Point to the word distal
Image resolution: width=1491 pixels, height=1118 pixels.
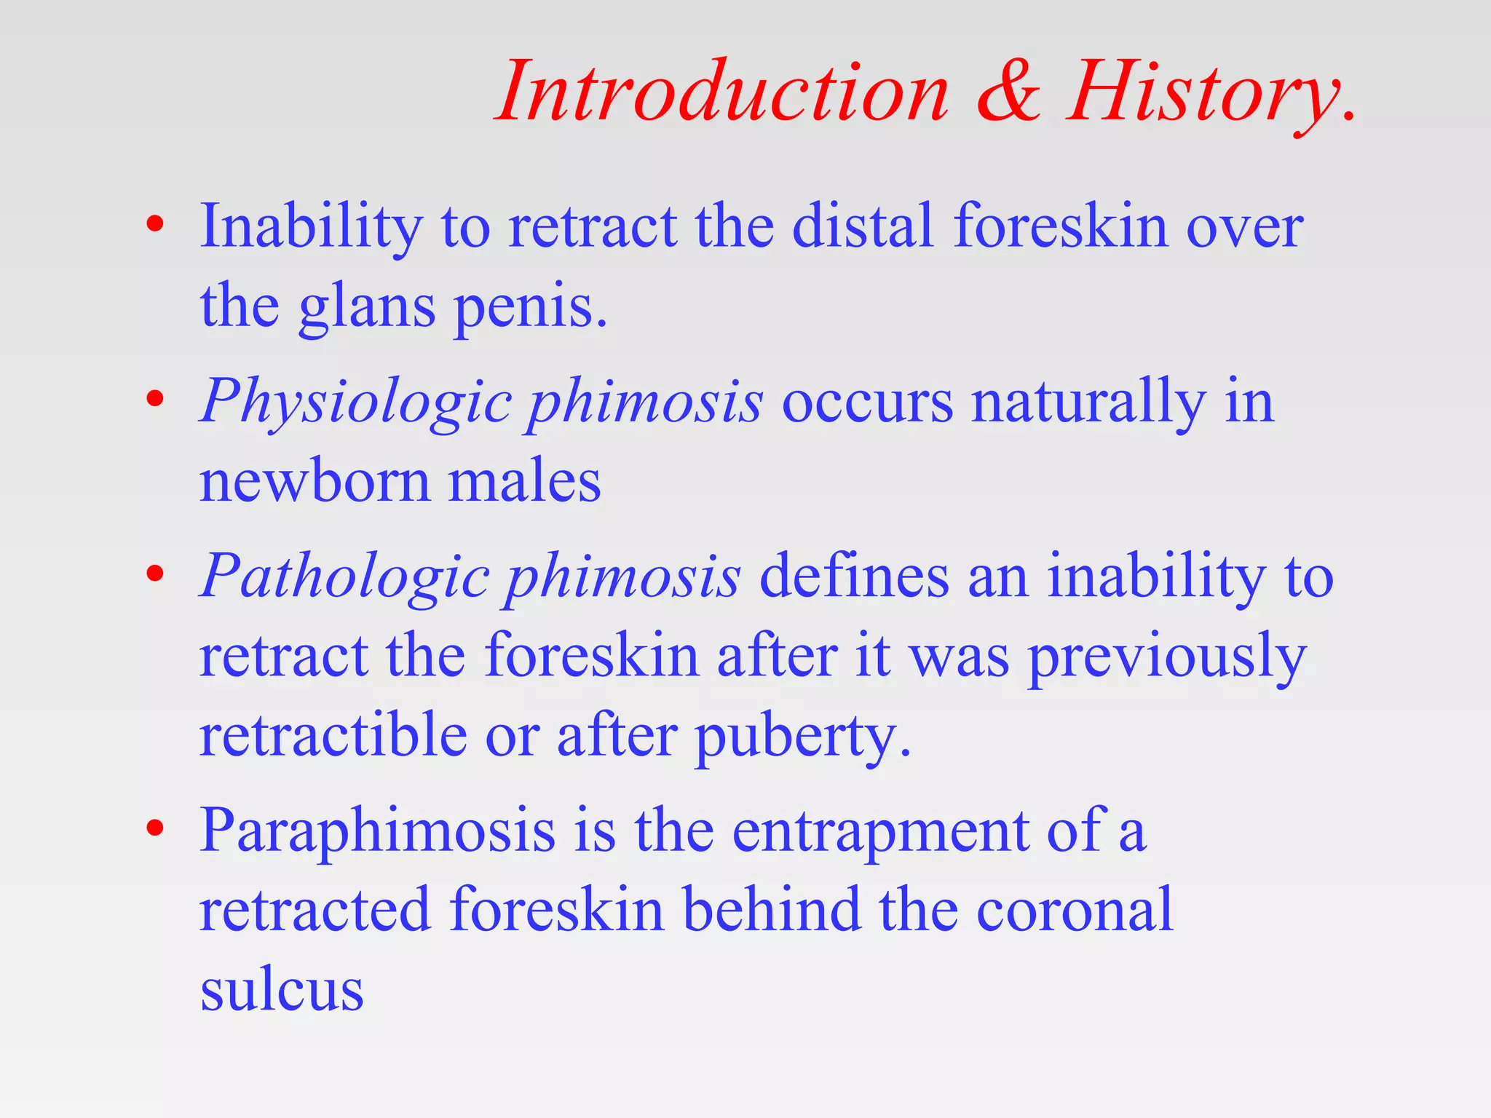coord(862,226)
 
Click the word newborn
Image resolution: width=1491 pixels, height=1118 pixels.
coord(315,482)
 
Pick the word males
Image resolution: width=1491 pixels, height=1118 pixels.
coord(524,482)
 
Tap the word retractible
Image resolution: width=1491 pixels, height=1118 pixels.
coord(333,735)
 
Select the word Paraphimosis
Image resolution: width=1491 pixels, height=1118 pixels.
coord(377,831)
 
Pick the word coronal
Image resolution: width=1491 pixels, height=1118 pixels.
coord(1074,910)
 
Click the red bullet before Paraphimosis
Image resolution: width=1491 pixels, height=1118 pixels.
coord(154,828)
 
